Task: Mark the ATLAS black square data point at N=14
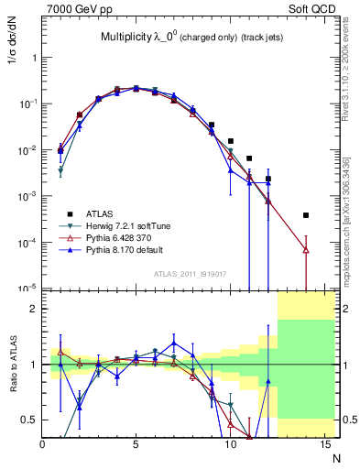[306, 215]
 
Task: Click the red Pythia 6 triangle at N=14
[306, 249]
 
